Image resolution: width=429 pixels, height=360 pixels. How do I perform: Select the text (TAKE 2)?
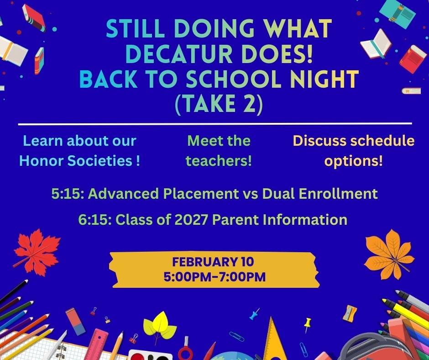(x=219, y=105)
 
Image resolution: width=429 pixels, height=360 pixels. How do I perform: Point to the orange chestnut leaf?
(x=389, y=254)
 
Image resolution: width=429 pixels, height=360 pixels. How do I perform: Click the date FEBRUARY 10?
(x=213, y=262)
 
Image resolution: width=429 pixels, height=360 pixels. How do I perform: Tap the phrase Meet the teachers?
(x=219, y=151)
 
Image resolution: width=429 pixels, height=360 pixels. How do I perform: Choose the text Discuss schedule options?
(x=354, y=151)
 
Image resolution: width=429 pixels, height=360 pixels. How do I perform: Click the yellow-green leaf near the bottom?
(x=159, y=325)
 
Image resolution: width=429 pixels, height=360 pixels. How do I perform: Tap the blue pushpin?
(x=254, y=314)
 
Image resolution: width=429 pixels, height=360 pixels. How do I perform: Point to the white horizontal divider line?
(x=214, y=124)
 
